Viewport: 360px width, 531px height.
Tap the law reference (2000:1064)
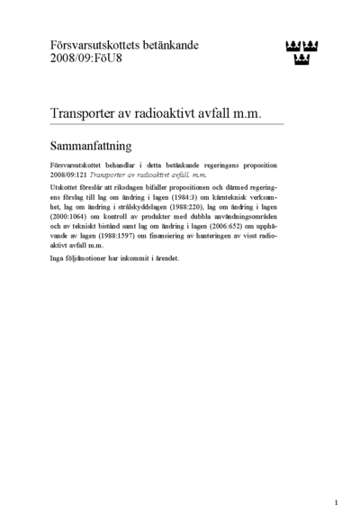(72, 216)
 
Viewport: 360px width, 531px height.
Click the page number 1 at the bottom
(335, 501)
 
